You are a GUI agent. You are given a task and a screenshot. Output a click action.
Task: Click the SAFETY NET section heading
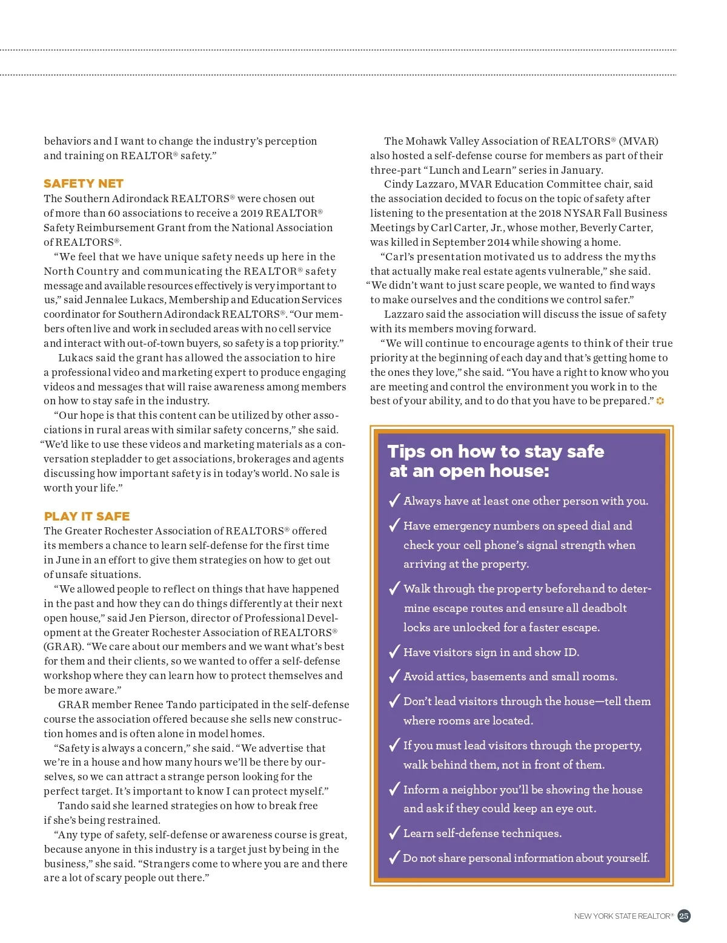pyautogui.click(x=84, y=183)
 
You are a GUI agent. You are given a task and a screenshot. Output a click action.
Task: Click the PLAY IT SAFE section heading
pyautogui.click(x=87, y=516)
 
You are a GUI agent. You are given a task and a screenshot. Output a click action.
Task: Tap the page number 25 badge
pyautogui.click(x=684, y=916)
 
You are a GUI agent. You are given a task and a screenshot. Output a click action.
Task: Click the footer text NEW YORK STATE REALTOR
pyautogui.click(x=622, y=916)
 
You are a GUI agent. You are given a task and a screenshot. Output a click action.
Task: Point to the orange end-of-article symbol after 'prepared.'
pyautogui.click(x=660, y=401)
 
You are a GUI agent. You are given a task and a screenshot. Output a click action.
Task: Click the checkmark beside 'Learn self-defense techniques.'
pyautogui.click(x=394, y=832)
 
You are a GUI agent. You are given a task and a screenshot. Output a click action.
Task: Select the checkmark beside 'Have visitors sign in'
pyautogui.click(x=394, y=651)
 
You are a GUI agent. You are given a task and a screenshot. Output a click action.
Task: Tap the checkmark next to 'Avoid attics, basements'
pyautogui.click(x=394, y=675)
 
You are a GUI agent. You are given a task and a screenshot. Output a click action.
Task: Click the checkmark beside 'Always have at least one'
pyautogui.click(x=394, y=500)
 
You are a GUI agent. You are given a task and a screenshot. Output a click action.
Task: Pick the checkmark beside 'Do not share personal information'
pyautogui.click(x=394, y=857)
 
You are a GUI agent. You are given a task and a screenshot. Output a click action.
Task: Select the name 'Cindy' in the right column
pyautogui.click(x=399, y=184)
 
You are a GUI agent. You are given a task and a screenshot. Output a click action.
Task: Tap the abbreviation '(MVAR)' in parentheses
pyautogui.click(x=639, y=141)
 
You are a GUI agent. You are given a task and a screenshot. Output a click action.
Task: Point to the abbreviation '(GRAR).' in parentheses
pyautogui.click(x=62, y=646)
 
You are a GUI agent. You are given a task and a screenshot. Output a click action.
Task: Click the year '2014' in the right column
pyautogui.click(x=499, y=242)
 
